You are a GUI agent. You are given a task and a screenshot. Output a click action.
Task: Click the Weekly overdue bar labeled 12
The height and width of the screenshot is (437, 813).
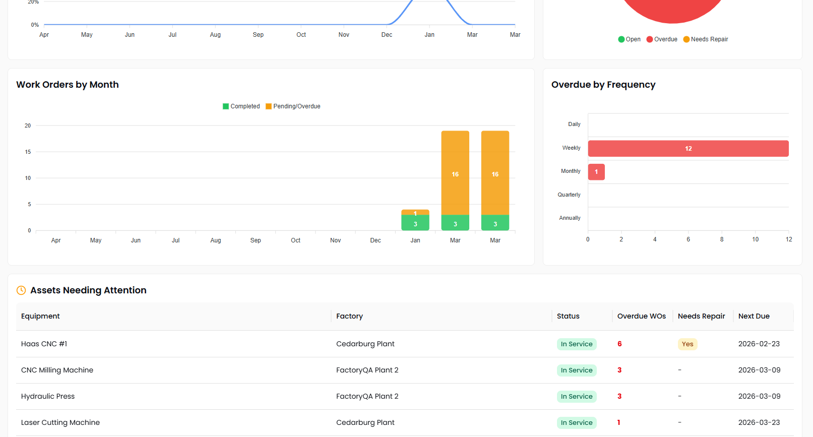point(688,149)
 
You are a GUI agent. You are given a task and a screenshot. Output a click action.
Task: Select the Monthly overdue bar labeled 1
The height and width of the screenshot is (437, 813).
point(596,172)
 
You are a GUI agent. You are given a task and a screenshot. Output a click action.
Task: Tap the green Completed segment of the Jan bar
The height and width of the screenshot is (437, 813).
point(415,223)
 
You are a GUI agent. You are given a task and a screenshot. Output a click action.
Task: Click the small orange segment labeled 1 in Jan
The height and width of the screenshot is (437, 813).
point(415,212)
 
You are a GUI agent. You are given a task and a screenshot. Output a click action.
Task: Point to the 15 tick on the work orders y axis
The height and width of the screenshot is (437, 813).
point(28,152)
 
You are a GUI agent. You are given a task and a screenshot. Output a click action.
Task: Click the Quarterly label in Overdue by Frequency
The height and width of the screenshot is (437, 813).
point(569,195)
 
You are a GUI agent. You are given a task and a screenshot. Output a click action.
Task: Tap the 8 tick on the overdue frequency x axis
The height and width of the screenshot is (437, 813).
point(722,239)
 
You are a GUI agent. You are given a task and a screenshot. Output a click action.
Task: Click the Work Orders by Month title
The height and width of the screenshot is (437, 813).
point(68,85)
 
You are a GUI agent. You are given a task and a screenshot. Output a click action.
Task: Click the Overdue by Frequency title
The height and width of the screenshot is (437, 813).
point(603,85)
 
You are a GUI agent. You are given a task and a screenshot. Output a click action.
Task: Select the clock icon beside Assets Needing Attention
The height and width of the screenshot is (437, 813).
point(21,290)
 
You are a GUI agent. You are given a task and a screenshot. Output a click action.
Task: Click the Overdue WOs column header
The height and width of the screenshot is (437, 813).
point(641,316)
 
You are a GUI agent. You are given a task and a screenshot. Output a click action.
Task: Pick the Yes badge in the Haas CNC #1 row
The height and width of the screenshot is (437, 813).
point(687,344)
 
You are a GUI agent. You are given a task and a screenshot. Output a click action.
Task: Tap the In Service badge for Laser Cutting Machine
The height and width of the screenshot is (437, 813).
point(577,423)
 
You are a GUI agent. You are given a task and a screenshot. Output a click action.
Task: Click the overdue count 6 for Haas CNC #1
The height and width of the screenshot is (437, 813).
point(619,344)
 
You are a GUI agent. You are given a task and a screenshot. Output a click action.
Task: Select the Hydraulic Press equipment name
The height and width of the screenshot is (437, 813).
point(48,396)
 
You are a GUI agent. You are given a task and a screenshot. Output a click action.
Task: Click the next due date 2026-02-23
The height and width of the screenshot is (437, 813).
point(759,344)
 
